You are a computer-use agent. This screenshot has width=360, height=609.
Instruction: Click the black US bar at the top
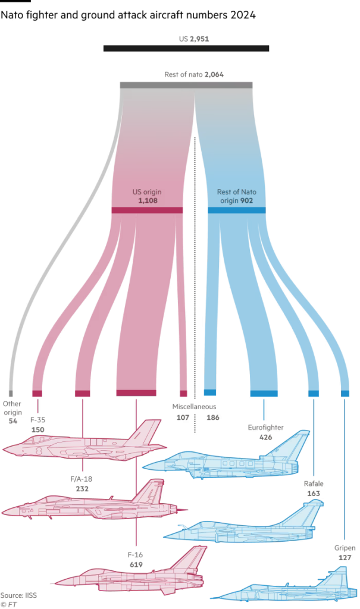click(x=186, y=49)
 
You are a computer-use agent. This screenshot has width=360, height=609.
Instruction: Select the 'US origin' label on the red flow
click(x=146, y=193)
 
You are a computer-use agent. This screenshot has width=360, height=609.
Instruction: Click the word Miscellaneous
click(x=193, y=406)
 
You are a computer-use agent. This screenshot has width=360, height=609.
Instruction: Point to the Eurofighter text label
click(x=265, y=427)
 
